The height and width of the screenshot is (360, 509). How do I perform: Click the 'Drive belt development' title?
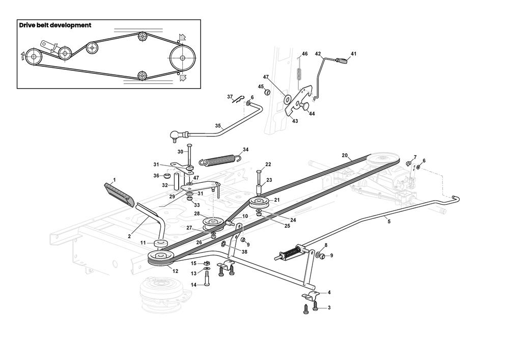(55, 25)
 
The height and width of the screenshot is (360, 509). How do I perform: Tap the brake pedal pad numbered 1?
(119, 194)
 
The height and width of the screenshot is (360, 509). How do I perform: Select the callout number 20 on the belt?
(344, 155)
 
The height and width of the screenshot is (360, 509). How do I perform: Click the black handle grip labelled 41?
(345, 61)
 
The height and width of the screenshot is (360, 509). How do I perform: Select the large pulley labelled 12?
(161, 258)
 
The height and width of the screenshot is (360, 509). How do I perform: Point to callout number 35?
(218, 125)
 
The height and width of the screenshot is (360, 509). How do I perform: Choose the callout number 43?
(295, 121)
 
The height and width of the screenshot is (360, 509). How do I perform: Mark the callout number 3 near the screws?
(329, 308)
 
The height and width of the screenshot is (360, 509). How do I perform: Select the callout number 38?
(244, 252)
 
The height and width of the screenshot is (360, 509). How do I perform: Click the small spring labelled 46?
(300, 71)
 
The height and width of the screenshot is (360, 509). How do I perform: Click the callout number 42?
(318, 53)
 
